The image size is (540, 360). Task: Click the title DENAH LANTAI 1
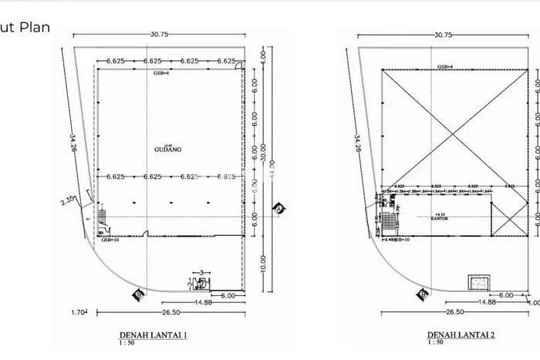(x=154, y=336)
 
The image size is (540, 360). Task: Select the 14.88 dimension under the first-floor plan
(x=204, y=303)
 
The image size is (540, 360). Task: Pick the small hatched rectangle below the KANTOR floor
(x=479, y=281)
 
